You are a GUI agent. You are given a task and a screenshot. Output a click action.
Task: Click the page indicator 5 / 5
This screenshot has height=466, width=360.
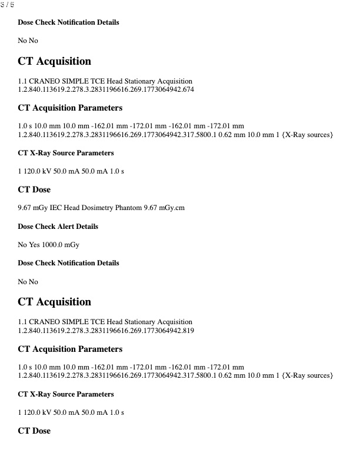click(x=8, y=4)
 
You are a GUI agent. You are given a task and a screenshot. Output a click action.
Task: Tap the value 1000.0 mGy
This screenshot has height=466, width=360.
click(x=62, y=245)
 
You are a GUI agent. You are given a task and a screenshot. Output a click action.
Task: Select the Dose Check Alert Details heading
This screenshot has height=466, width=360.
click(x=58, y=227)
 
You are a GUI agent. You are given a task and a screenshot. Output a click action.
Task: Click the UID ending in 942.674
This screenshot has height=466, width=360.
click(x=106, y=89)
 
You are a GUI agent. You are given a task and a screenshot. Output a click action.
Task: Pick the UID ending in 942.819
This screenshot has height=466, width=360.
click(x=106, y=331)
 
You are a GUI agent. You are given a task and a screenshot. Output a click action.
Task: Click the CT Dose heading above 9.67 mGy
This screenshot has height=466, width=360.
click(x=34, y=189)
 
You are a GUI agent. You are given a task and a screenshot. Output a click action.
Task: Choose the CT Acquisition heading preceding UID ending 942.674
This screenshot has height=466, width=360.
click(x=55, y=61)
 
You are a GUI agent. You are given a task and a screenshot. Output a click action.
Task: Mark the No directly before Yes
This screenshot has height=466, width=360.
click(x=22, y=245)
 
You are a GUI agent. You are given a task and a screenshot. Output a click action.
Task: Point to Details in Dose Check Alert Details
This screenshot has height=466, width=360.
click(x=88, y=227)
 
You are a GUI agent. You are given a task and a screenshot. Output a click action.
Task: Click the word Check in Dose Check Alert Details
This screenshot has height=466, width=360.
click(x=46, y=227)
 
